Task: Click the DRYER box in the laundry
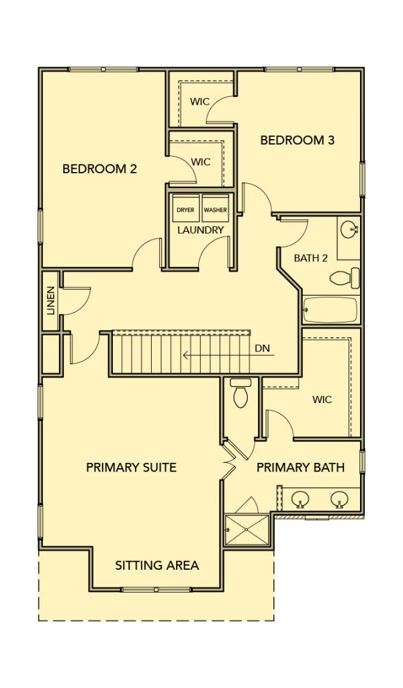pos(185,210)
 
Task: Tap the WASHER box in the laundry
pos(216,210)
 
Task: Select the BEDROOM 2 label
pos(99,169)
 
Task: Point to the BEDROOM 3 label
pos(298,140)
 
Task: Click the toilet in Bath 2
pos(345,277)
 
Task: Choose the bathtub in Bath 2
pos(330,310)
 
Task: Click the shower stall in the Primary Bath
pos(247,530)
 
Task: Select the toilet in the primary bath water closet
pos(240,392)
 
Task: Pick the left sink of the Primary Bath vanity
pos(300,499)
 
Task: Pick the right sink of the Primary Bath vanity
pos(339,499)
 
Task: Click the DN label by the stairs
pos(262,349)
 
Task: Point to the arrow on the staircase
pos(228,355)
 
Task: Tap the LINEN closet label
pos(51,301)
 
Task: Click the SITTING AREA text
pos(157,566)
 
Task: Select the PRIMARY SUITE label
pos(131,468)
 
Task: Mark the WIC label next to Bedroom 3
pos(199,102)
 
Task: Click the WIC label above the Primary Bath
pos(322,400)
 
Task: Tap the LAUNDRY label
pos(201,230)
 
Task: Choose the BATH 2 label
pos(311,258)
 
